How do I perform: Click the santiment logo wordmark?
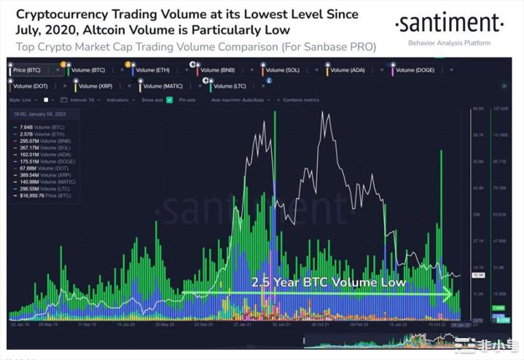click(x=449, y=25)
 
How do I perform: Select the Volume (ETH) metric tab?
click(x=155, y=71)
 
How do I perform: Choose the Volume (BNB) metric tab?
click(x=220, y=71)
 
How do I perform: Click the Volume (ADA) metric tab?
click(x=350, y=71)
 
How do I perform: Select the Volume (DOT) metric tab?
click(x=33, y=86)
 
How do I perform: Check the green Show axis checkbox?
click(x=169, y=99)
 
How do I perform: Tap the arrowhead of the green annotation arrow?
click(x=450, y=294)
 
